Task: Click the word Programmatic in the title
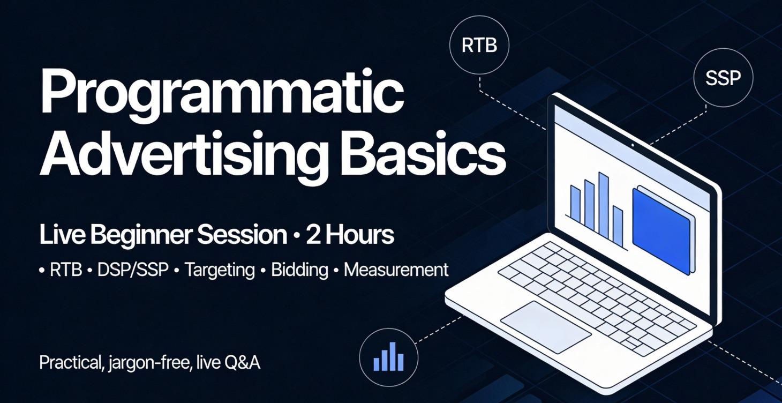coord(221,93)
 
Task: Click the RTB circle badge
coord(479,46)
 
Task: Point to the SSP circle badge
coord(723,78)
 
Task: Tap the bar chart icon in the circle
coord(388,357)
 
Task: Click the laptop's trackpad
coord(545,326)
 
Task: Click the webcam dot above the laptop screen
coord(632,145)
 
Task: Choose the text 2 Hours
coord(350,235)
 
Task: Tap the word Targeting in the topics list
coord(220,270)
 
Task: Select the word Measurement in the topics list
coord(396,270)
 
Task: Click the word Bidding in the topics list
coord(299,270)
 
